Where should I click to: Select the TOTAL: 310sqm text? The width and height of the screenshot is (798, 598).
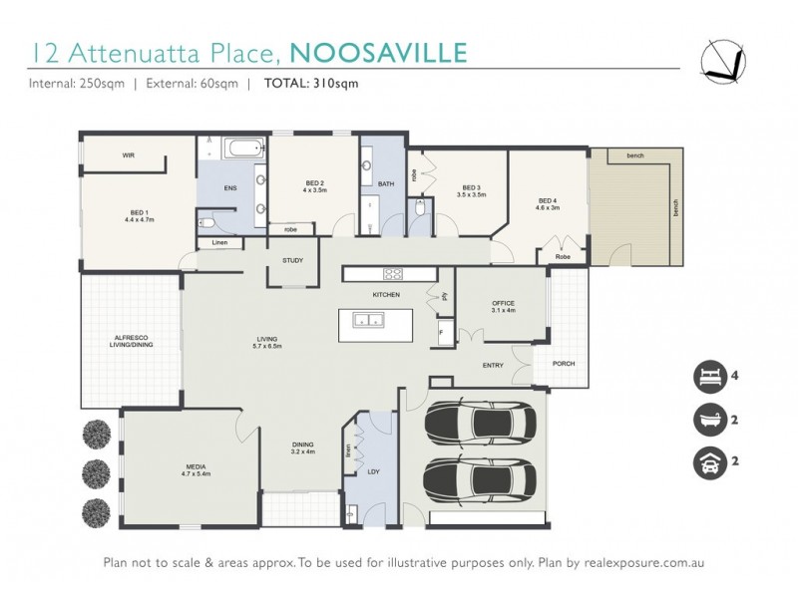(x=311, y=84)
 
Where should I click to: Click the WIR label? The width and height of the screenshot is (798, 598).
(x=128, y=155)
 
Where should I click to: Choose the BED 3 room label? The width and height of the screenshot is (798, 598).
(x=472, y=190)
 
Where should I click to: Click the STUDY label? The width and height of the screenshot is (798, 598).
(x=292, y=260)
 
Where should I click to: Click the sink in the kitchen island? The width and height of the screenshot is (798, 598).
(x=367, y=321)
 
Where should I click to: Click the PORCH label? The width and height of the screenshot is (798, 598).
(x=562, y=363)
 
